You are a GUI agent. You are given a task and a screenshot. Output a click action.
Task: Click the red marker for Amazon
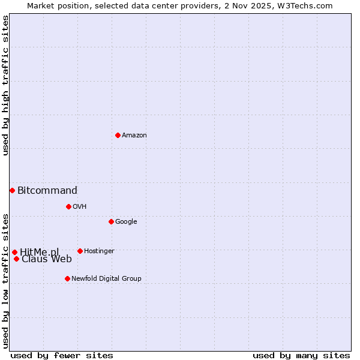point(118,135)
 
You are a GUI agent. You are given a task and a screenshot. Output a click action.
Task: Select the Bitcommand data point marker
point(12,190)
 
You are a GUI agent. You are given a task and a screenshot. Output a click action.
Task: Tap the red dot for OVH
point(68,206)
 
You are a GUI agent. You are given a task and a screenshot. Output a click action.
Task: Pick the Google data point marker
point(111,221)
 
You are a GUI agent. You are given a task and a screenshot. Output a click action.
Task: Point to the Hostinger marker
point(80,251)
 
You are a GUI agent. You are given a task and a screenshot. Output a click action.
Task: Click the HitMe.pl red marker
point(14,252)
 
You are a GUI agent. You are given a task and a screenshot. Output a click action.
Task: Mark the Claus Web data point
point(16,259)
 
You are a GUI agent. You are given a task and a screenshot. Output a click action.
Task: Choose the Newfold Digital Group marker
point(67,278)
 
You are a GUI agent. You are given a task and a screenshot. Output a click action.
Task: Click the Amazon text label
point(134,136)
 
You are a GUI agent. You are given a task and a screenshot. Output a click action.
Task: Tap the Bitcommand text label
point(47,191)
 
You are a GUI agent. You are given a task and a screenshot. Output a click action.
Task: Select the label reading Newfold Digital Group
point(106,278)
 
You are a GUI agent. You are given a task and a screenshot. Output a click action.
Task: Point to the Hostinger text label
point(99,251)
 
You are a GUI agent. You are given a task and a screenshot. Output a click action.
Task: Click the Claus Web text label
point(47,259)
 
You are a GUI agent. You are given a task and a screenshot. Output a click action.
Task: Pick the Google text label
point(126,221)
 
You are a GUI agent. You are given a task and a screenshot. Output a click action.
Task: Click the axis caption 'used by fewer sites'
point(62,355)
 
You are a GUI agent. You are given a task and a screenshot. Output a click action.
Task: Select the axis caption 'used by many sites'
point(301,355)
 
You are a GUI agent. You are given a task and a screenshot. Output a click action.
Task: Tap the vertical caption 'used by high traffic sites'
point(5,85)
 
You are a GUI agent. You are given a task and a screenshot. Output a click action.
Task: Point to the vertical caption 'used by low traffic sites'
point(5,280)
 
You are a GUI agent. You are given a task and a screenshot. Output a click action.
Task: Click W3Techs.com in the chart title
point(308,5)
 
